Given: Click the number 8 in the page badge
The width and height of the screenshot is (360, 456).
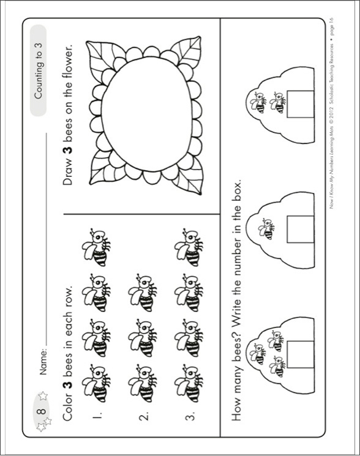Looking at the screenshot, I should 41,411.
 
